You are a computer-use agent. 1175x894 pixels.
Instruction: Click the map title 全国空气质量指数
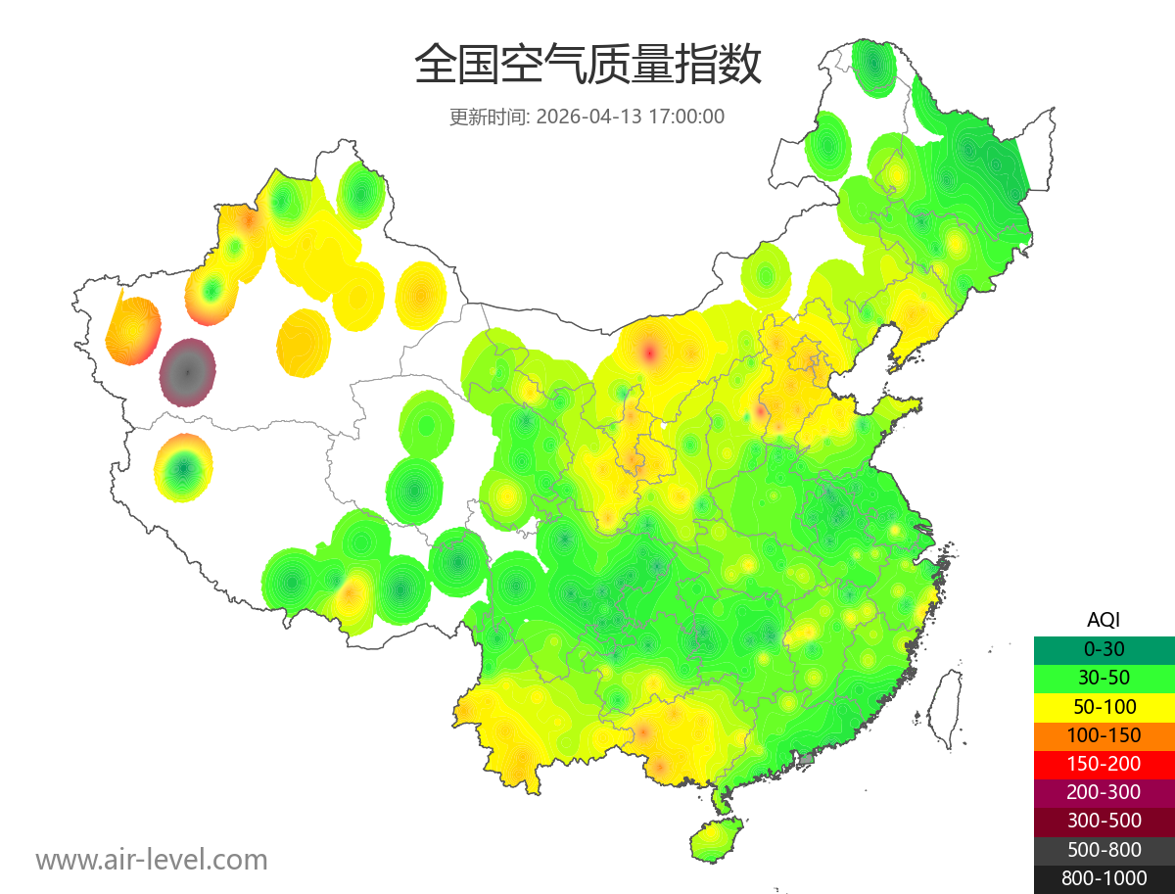(x=587, y=66)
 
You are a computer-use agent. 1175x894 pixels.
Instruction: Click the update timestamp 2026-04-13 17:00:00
(x=631, y=117)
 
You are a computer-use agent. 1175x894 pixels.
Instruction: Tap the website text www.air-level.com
(x=152, y=860)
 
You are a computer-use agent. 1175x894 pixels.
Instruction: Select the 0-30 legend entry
(x=1104, y=648)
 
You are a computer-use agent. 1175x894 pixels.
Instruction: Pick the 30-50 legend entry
(x=1104, y=677)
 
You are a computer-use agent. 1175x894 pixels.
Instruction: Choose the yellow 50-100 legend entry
(x=1104, y=706)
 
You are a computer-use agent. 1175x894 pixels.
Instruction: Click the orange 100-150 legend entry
(x=1104, y=734)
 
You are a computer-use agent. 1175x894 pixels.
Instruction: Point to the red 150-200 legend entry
(x=1104, y=763)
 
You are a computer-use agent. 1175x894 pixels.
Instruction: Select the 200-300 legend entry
(x=1104, y=792)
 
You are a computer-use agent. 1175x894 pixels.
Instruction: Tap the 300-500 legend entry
(x=1104, y=821)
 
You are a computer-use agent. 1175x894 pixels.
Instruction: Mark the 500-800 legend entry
(x=1104, y=849)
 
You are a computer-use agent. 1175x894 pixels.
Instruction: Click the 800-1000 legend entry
(x=1104, y=878)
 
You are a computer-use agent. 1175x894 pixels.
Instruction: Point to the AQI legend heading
(x=1104, y=620)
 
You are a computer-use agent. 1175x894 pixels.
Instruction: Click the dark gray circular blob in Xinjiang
(x=187, y=372)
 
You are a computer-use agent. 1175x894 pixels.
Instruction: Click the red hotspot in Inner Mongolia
(x=649, y=351)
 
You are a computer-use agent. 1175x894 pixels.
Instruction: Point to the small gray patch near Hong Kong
(x=807, y=759)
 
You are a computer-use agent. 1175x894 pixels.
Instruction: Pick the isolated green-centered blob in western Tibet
(x=183, y=468)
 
